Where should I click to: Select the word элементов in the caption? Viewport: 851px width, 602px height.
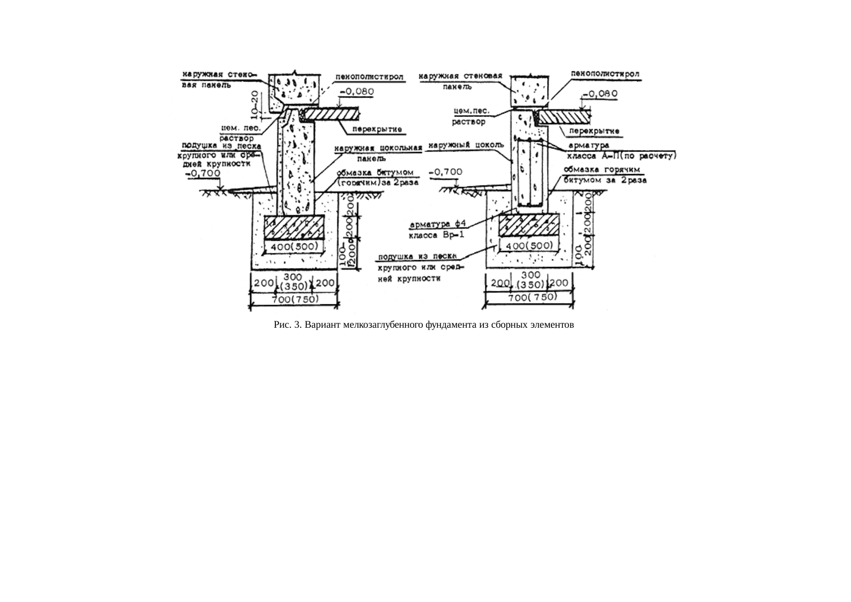553,325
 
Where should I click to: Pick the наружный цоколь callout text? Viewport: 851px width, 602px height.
467,145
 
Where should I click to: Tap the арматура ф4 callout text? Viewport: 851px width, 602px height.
438,225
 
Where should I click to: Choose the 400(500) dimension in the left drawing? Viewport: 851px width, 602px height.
293,248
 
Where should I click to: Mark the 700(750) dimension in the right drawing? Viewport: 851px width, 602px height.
531,298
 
